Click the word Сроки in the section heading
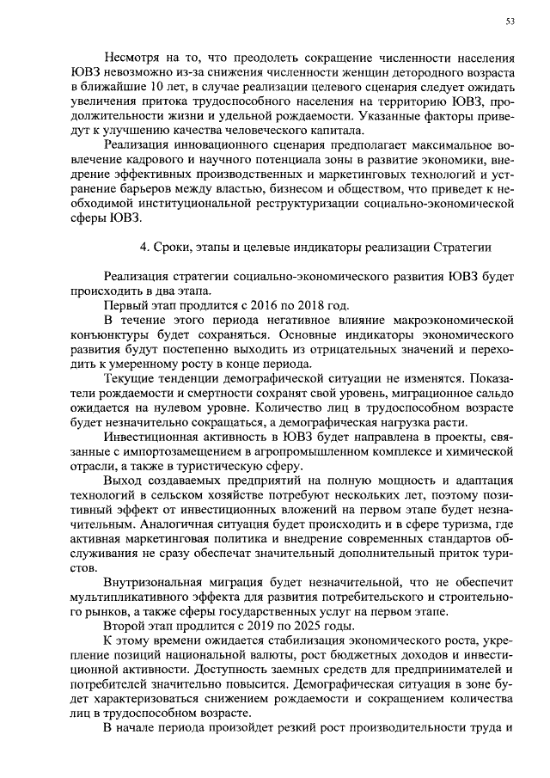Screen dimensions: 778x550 177,248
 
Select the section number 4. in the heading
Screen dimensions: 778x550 145,248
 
